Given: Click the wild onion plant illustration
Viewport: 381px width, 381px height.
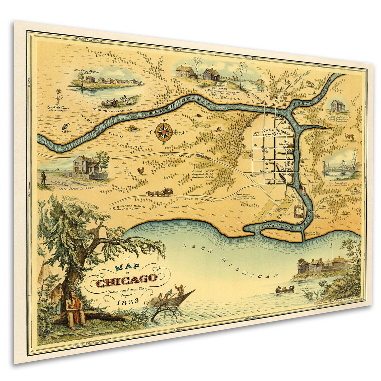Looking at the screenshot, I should click(x=60, y=95).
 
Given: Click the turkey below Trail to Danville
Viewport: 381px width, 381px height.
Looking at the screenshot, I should click(x=142, y=171).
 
